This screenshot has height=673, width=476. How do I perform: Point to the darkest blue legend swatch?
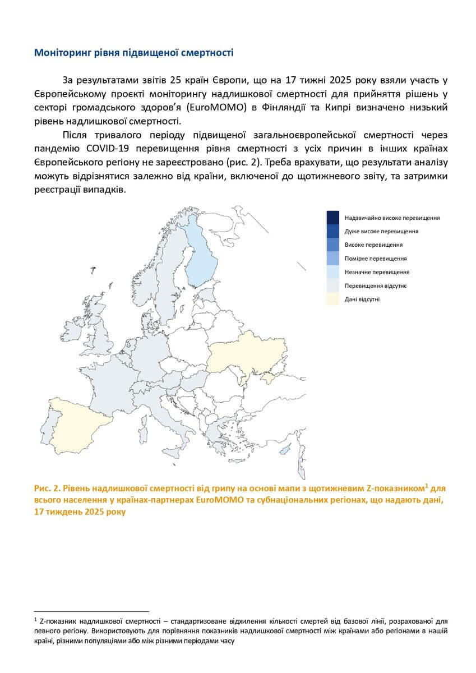pos(333,218)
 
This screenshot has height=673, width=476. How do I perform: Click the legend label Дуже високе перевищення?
pos(381,231)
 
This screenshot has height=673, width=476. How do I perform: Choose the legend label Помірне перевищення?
pos(376,259)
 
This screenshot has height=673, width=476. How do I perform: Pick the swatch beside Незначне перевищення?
pos(333,272)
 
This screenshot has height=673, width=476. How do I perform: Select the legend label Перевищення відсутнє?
pos(376,286)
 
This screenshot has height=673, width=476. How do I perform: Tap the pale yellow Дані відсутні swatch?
pos(333,299)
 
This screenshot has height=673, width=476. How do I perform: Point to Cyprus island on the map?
pos(285,449)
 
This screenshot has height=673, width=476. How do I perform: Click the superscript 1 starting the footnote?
pos(35,620)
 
